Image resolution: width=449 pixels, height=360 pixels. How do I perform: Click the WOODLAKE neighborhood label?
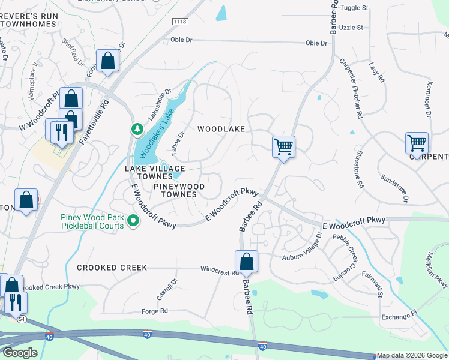click(x=221, y=129)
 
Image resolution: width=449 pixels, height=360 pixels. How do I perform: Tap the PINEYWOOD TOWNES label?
click(x=179, y=190)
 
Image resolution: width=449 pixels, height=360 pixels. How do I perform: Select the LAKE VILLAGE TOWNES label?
click(x=155, y=173)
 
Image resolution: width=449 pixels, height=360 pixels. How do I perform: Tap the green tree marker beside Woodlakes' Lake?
click(x=137, y=129)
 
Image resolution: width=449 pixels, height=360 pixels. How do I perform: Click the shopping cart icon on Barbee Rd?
click(x=283, y=146)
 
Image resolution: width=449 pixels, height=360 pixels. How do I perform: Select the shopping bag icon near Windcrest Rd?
click(x=246, y=262)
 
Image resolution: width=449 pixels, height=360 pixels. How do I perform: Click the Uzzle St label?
click(x=351, y=28)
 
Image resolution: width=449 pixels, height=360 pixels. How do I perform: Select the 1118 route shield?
click(x=179, y=22)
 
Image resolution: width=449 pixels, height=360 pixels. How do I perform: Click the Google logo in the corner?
click(x=19, y=353)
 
